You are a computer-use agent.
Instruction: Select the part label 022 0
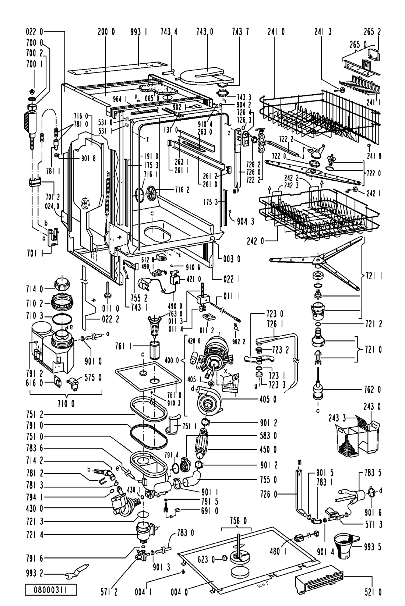34,32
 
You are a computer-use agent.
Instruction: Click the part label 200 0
106,32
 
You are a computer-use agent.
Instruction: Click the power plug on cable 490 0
144,284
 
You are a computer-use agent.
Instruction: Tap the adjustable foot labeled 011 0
107,291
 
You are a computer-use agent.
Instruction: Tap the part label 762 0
372,390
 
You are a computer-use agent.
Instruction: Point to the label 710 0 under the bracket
66,404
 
